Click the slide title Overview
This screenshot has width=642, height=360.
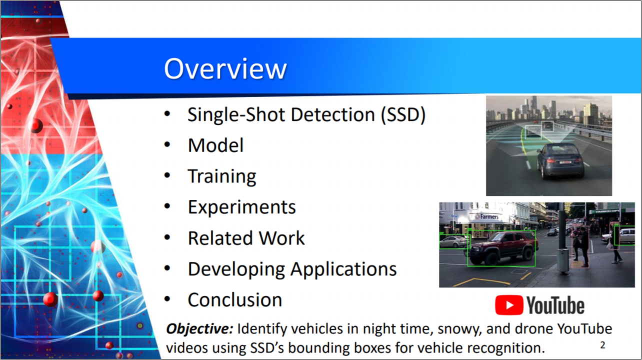(x=225, y=69)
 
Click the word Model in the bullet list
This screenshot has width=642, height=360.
(x=216, y=145)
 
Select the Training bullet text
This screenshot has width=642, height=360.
(x=222, y=176)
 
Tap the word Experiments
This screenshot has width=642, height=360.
(x=241, y=207)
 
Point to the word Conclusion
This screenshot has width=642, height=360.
(x=235, y=300)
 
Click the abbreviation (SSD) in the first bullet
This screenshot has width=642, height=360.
(x=403, y=115)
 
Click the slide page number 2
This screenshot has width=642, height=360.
(x=602, y=345)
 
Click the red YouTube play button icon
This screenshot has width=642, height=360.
(x=509, y=305)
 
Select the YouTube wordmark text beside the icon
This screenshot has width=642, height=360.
(x=555, y=305)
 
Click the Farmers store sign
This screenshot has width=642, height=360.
(x=487, y=216)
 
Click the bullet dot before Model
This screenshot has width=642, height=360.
(x=167, y=144)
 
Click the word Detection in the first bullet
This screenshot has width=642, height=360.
(x=332, y=114)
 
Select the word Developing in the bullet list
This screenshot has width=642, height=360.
(x=236, y=269)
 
